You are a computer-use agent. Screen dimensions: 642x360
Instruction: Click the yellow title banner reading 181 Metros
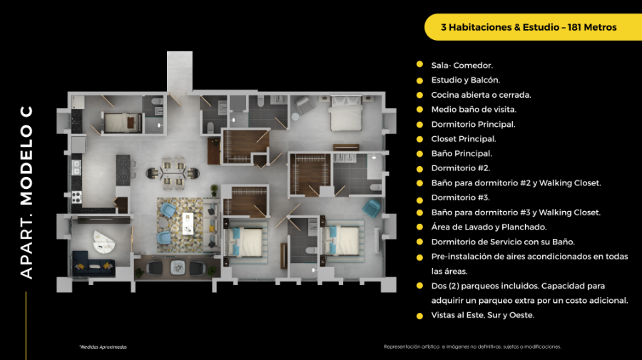pyautogui.click(x=533, y=27)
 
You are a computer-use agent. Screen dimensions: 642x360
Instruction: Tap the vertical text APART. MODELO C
pyautogui.click(x=26, y=192)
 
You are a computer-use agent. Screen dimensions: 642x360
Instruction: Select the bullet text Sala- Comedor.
pyautogui.click(x=462, y=66)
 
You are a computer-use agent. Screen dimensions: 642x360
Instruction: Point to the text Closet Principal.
pyautogui.click(x=464, y=139)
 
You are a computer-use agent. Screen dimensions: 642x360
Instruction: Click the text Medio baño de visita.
pyautogui.click(x=474, y=110)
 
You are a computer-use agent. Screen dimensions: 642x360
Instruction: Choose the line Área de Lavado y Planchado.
pyautogui.click(x=489, y=227)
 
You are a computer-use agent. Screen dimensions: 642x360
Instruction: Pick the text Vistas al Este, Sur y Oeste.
pyautogui.click(x=483, y=315)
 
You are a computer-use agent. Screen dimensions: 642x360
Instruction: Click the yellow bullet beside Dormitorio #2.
pyautogui.click(x=419, y=169)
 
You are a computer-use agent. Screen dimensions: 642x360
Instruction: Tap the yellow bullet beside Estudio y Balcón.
pyautogui.click(x=419, y=81)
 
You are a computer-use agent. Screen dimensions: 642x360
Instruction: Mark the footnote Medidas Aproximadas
pyautogui.click(x=103, y=347)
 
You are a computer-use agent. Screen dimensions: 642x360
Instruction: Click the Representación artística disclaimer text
pyautogui.click(x=472, y=346)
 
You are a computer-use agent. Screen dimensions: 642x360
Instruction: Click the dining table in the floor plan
pyautogui.click(x=173, y=173)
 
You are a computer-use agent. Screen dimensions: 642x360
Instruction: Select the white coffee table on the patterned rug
pyautogui.click(x=188, y=224)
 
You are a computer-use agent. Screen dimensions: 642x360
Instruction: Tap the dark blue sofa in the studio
pyautogui.click(x=93, y=264)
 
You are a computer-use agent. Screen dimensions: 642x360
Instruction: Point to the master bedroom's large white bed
pyautogui.click(x=346, y=113)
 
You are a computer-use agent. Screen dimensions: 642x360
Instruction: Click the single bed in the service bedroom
pyautogui.click(x=123, y=123)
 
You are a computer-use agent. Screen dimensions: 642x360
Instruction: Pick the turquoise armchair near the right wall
pyautogui.click(x=372, y=208)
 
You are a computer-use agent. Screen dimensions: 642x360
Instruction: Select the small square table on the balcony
pyautogui.click(x=178, y=267)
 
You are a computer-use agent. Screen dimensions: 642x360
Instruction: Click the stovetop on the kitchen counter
pyautogui.click(x=76, y=197)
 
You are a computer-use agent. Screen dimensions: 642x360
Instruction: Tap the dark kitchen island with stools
pyautogui.click(x=123, y=170)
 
